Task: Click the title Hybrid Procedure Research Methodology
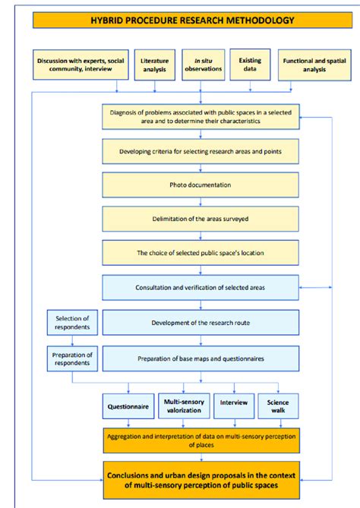coord(192,20)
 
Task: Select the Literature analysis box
coord(155,65)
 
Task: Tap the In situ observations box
coord(204,65)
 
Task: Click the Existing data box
coord(250,65)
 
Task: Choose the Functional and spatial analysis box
coord(314,65)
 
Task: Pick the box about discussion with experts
coord(81,65)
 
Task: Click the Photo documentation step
coord(201,185)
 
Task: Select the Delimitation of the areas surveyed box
coord(201,219)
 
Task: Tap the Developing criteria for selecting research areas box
coord(201,151)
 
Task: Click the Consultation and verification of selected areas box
coord(201,287)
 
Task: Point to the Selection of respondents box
coord(72,323)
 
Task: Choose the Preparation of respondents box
coord(72,358)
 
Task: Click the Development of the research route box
coord(201,323)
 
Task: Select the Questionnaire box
coord(128,406)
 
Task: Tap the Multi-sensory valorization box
coord(184,406)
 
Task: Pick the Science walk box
coord(278,406)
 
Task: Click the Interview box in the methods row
coord(234,406)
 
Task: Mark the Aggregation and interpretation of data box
coord(201,440)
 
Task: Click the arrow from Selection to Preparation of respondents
coord(72,340)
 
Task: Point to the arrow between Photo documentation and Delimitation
coord(201,202)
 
